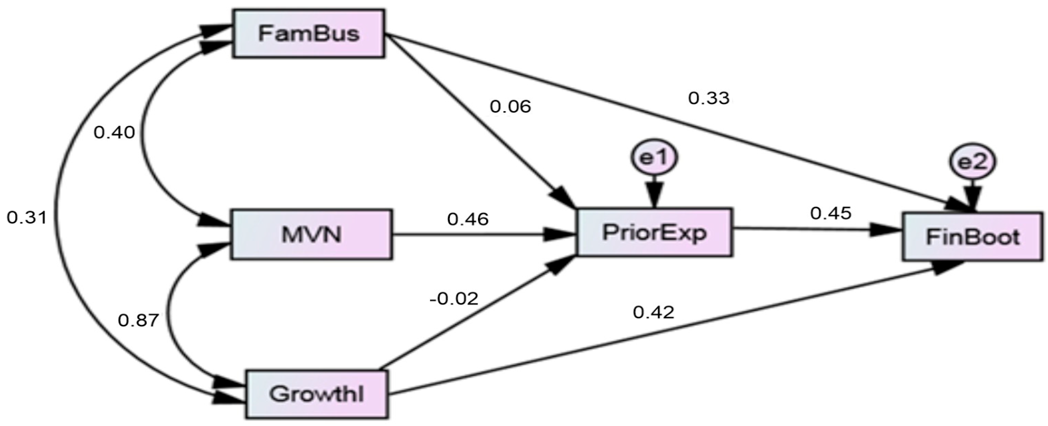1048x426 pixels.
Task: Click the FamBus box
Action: (308, 34)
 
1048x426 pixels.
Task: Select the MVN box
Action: (311, 234)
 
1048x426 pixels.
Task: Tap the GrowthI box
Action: (316, 394)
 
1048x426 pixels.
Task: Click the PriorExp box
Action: (654, 233)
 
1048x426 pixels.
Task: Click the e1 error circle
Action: (654, 158)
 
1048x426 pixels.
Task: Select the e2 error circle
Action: (972, 162)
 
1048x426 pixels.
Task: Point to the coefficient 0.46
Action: (467, 220)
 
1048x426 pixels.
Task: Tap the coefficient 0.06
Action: (510, 107)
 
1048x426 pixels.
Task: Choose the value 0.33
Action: (709, 99)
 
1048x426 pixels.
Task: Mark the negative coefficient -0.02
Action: (454, 299)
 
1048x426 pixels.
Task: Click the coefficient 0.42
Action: (653, 312)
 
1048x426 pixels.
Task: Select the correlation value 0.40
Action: (114, 133)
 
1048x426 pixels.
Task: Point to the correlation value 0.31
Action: (26, 218)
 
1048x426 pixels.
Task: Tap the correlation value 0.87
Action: (138, 321)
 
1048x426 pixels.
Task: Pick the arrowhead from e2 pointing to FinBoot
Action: (972, 199)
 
